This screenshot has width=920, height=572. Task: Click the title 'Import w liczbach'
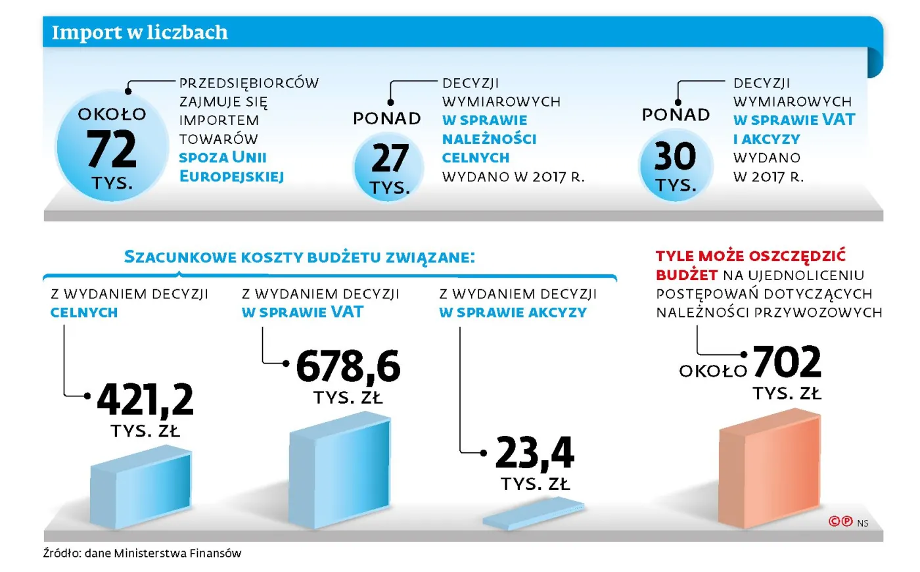click(x=139, y=32)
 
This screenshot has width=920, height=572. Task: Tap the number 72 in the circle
click(x=111, y=150)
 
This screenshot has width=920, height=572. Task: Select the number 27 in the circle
click(x=390, y=158)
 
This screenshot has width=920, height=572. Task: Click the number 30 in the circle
click(x=675, y=156)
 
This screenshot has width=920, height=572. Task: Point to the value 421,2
click(x=145, y=400)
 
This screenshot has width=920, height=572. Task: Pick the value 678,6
click(x=348, y=366)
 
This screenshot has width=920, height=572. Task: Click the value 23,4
click(x=534, y=453)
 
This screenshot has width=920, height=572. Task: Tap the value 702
click(x=787, y=362)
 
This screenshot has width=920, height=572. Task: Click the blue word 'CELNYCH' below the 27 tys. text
click(x=475, y=158)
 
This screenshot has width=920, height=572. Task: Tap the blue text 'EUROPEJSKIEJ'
click(x=231, y=176)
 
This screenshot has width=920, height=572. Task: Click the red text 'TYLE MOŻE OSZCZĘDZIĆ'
click(x=750, y=256)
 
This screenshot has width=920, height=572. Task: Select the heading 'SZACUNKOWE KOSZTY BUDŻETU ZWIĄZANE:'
click(x=299, y=257)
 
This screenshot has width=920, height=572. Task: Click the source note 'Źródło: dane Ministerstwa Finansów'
click(x=142, y=553)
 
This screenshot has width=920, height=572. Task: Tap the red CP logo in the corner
click(x=840, y=521)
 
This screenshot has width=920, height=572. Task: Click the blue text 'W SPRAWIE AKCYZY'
click(x=513, y=312)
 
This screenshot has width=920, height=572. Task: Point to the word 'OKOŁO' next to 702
click(x=713, y=371)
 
